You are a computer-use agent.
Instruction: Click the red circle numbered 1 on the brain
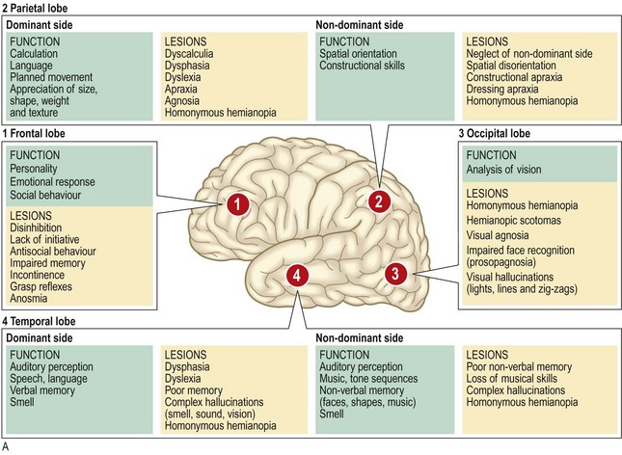pyautogui.click(x=237, y=203)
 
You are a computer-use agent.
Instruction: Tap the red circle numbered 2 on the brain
pyautogui.click(x=380, y=201)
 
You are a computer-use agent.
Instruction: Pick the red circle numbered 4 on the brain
pyautogui.click(x=299, y=275)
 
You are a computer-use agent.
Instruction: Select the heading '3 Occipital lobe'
pyautogui.click(x=501, y=134)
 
